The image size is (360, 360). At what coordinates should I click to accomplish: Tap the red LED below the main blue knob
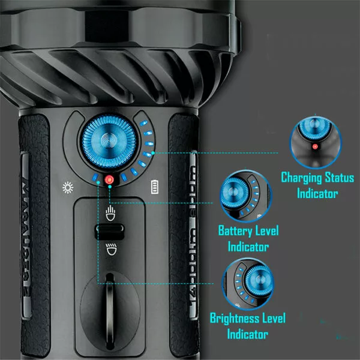point(110,180)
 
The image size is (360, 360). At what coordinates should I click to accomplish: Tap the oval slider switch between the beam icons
point(110,231)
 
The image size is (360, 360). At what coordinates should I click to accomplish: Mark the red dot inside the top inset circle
point(314,145)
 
